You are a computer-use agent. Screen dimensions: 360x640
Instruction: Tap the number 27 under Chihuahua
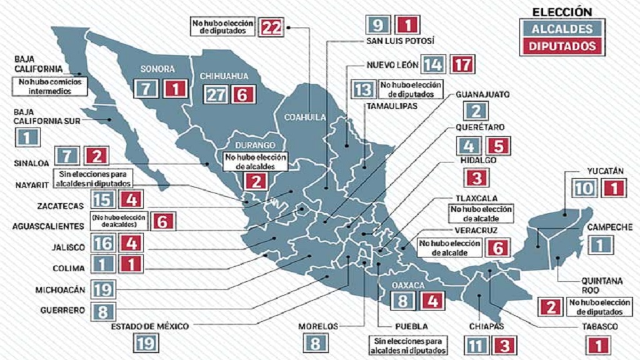(216, 94)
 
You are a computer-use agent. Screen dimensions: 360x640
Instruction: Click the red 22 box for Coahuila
(272, 26)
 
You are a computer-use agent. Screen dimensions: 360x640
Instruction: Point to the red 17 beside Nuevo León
(463, 64)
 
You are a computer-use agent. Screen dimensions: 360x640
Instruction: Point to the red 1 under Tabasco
(599, 344)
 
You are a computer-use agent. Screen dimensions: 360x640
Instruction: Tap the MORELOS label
(317, 326)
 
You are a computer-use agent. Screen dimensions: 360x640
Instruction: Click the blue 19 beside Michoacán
(104, 290)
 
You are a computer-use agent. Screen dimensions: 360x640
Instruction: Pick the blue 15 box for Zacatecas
(104, 200)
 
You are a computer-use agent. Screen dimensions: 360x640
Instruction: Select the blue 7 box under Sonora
(146, 89)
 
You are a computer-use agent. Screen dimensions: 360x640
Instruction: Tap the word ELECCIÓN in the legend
(561, 11)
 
